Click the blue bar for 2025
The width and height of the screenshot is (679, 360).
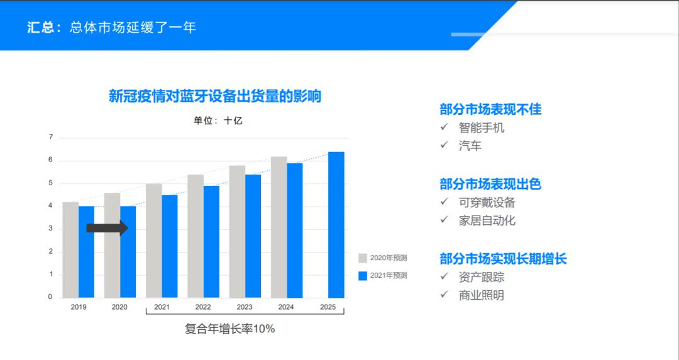tap(336, 224)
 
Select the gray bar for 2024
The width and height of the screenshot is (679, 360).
tap(279, 227)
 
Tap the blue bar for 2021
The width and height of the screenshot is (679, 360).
tap(170, 246)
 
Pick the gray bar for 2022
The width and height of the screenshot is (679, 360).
tap(196, 236)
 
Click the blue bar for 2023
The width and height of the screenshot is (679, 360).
tap(253, 236)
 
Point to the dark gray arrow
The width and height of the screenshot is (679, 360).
tap(108, 228)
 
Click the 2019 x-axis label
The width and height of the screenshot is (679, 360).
tap(79, 307)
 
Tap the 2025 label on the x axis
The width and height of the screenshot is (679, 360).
tap(328, 307)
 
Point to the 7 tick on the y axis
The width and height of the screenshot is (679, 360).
tap(51, 137)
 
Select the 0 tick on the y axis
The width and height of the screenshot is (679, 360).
tap(50, 297)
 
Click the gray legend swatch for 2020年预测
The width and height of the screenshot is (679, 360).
tap(363, 258)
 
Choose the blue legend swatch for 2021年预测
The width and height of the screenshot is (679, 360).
tap(363, 276)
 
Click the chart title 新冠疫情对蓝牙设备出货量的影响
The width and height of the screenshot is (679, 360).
tap(215, 96)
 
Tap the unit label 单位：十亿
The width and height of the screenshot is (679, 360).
tap(218, 121)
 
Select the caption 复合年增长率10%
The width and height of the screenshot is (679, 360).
tap(230, 329)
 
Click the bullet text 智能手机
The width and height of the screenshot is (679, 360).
tap(482, 128)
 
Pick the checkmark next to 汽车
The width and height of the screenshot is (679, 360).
tap(444, 145)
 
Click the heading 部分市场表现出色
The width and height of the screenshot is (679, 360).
tap(490, 184)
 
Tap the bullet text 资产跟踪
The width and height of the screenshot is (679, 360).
tap(482, 277)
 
